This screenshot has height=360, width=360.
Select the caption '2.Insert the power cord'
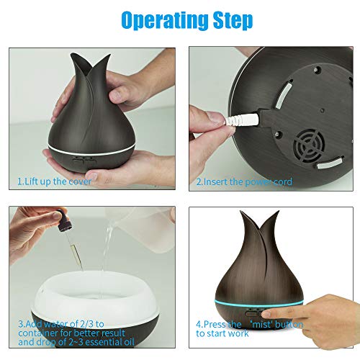(244, 182)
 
